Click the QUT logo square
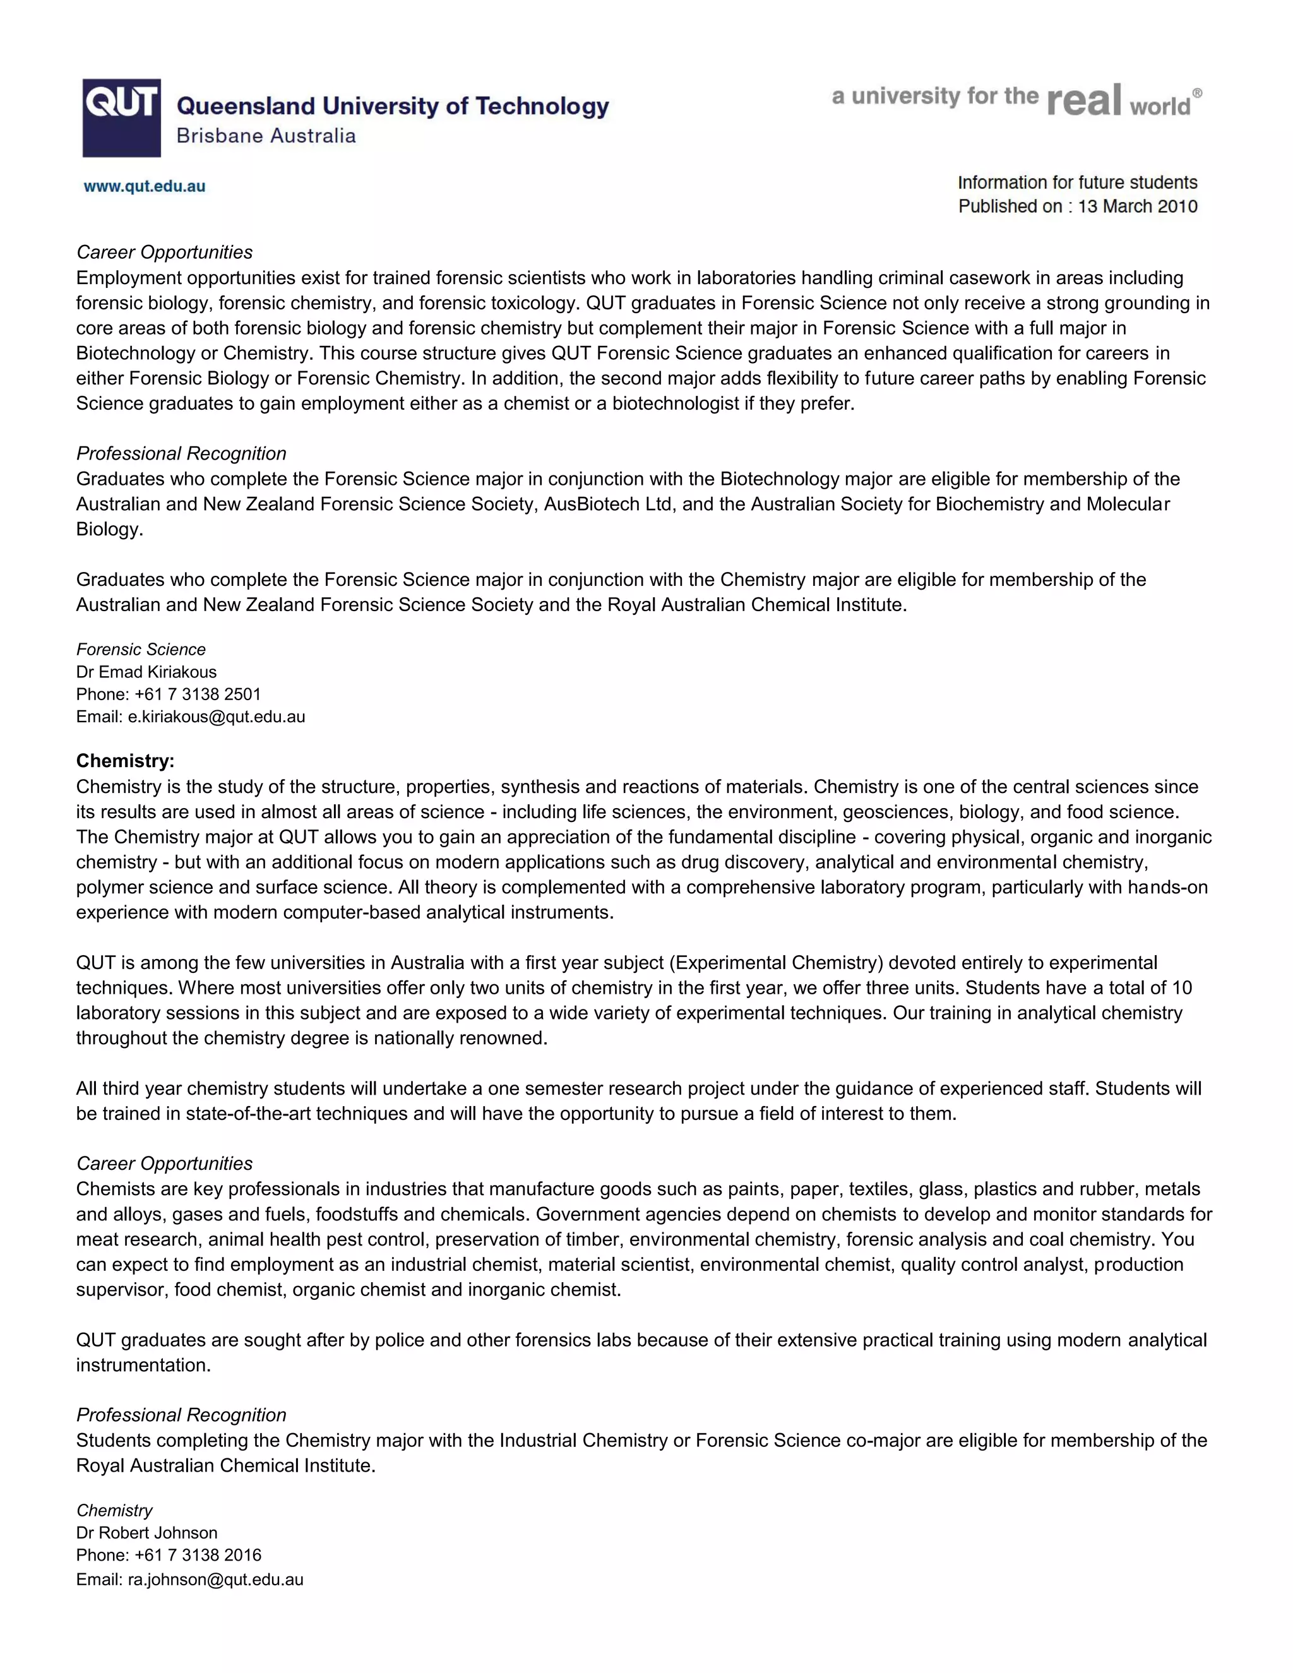[x=122, y=117]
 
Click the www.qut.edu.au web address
[x=144, y=186]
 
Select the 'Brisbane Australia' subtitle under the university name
[x=266, y=136]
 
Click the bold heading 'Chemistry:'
[x=125, y=761]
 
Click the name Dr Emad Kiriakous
[x=146, y=672]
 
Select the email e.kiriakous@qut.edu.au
[x=216, y=717]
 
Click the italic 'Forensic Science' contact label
[x=141, y=650]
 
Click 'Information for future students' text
[x=1077, y=182]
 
